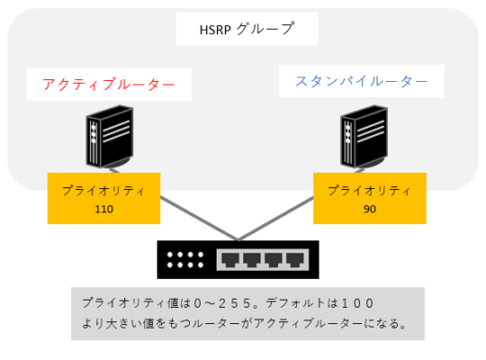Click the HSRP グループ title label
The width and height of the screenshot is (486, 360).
246,29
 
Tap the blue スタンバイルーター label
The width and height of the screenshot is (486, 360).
362,82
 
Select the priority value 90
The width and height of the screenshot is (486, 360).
369,208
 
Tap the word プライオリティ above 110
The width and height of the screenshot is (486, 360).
103,191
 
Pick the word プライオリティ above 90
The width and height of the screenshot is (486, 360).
369,191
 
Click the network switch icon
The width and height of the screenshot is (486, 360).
238,260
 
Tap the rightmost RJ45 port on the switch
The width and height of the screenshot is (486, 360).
295,261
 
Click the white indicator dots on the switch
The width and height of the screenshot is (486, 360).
185,260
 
